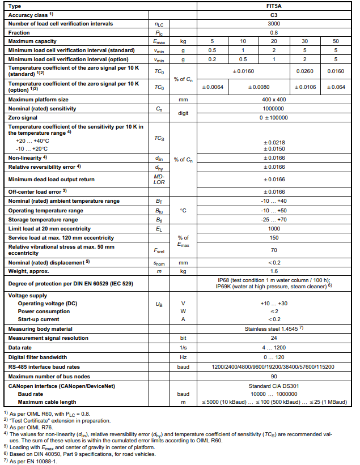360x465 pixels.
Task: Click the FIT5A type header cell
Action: tap(273, 6)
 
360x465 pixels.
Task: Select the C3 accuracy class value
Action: tap(273, 15)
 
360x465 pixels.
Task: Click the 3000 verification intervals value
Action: tap(273, 23)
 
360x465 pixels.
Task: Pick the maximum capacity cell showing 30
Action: tap(304, 41)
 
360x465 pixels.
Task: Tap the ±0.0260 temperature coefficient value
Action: tap(304, 71)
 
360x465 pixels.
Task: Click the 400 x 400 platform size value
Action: tap(273, 99)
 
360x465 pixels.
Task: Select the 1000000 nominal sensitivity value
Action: tap(273, 108)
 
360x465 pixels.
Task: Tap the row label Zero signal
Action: tap(23, 117)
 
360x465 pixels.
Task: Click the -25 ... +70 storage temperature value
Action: tap(273, 219)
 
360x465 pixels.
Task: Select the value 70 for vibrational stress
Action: tap(273, 249)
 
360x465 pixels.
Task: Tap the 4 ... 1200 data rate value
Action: tap(273, 348)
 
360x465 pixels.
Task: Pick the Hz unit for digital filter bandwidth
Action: tap(183, 357)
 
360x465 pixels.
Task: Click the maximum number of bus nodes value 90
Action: tap(273, 376)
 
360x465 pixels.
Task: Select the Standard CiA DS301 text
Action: tap(273, 386)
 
